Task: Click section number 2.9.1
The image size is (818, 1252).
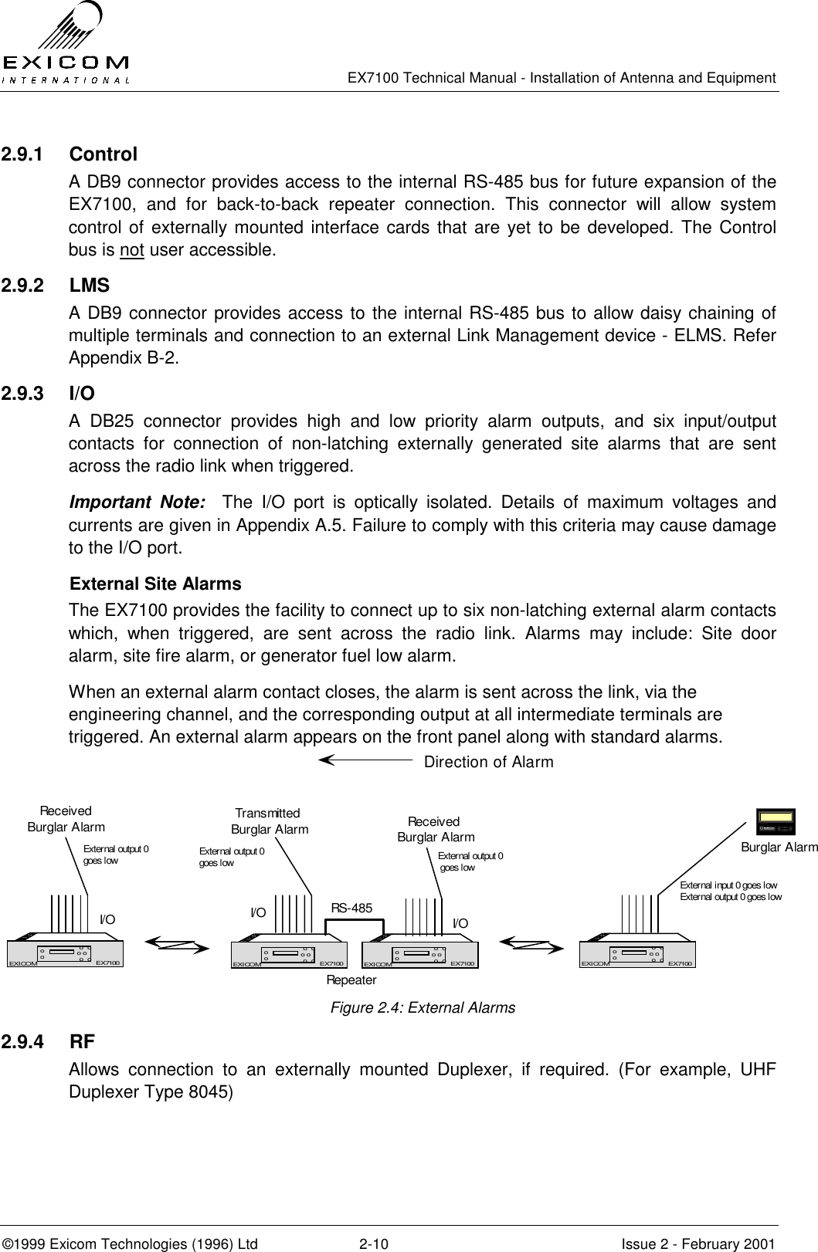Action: [22, 154]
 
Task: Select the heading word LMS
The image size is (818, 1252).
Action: [89, 286]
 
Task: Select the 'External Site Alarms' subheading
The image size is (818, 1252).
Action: [155, 584]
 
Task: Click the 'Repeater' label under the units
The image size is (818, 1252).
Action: [351, 980]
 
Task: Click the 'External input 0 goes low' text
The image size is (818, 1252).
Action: [728, 885]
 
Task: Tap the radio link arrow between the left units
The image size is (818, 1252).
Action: [177, 943]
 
